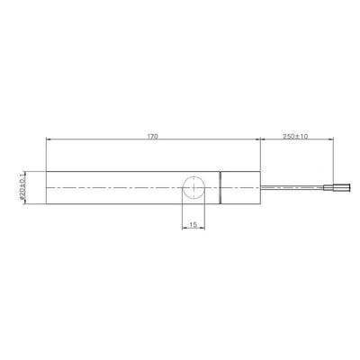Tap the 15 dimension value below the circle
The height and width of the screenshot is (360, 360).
tap(195, 216)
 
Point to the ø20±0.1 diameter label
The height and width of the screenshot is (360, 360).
tap(21, 187)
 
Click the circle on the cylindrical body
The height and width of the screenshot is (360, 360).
tap(195, 187)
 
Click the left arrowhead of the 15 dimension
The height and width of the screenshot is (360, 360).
tap(184, 222)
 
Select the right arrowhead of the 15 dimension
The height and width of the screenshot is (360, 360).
tap(208, 222)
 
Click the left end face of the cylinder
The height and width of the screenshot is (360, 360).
tap(46, 187)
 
